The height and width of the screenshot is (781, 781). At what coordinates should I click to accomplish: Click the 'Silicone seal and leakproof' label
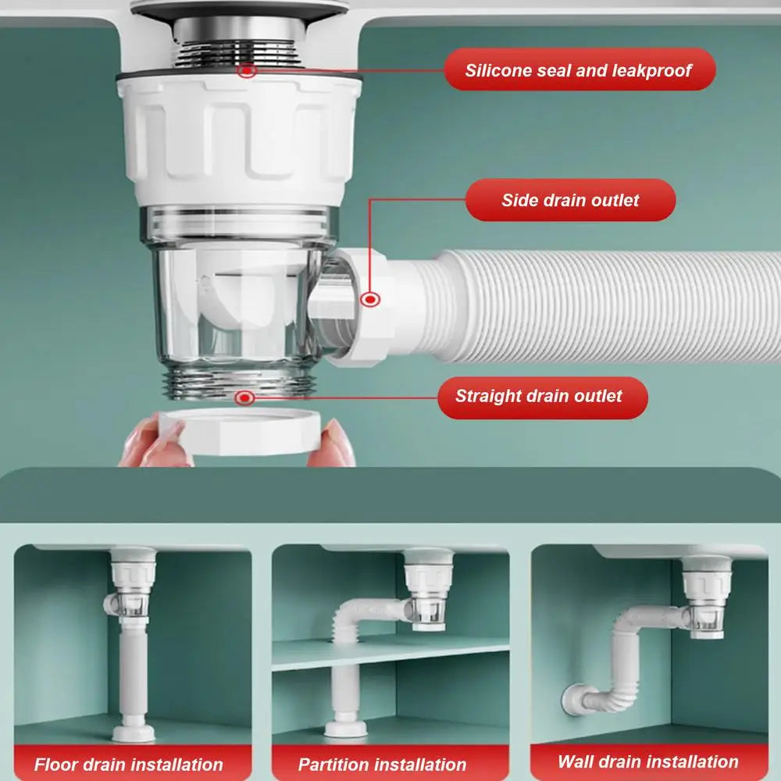pyautogui.click(x=578, y=70)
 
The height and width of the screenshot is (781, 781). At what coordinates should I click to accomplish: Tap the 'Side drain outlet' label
pyautogui.click(x=570, y=200)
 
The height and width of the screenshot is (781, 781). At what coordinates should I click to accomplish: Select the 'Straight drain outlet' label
pyautogui.click(x=539, y=396)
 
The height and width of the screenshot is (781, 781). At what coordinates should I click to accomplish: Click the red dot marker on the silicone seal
pyautogui.click(x=248, y=70)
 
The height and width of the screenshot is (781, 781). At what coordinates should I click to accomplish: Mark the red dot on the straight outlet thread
pyautogui.click(x=245, y=398)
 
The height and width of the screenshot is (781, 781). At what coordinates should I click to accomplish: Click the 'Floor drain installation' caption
pyautogui.click(x=129, y=764)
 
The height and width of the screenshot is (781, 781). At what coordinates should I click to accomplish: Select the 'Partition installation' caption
pyautogui.click(x=383, y=764)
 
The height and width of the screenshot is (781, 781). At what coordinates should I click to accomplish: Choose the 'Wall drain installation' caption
pyautogui.click(x=648, y=761)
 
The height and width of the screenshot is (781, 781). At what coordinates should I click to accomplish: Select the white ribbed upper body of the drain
pyautogui.click(x=238, y=141)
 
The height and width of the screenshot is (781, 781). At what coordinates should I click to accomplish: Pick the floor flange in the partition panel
pyautogui.click(x=346, y=729)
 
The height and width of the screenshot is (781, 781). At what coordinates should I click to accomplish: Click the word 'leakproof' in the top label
pyautogui.click(x=651, y=70)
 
